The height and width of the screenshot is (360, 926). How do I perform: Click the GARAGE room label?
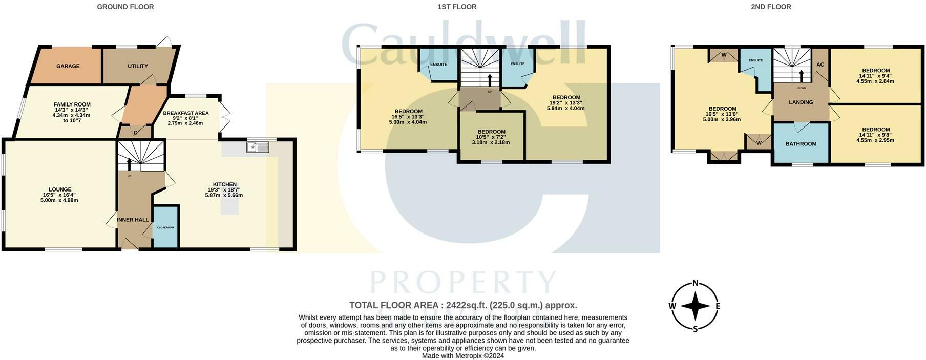68,66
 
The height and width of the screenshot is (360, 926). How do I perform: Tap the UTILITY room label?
137,66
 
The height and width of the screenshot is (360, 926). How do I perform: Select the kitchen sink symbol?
258,147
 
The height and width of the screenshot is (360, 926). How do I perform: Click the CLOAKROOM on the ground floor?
165,227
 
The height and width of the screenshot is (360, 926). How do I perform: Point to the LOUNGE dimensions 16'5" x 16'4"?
60,195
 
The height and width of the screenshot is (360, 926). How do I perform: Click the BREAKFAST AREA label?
185,113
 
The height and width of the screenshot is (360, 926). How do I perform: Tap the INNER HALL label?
133,220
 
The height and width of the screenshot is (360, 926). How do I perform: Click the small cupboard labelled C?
135,133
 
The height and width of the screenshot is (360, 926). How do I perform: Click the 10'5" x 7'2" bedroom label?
491,132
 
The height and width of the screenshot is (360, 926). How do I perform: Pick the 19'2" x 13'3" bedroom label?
566,97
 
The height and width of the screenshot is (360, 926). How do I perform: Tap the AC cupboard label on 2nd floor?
820,65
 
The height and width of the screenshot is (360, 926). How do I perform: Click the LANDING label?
801,102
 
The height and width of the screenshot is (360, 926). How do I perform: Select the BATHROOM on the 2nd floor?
801,144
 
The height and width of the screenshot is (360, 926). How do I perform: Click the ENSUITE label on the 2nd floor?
755,60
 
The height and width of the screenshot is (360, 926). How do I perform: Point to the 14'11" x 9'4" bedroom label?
875,71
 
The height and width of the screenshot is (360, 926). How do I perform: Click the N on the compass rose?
695,283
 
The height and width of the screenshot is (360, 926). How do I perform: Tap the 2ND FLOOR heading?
771,7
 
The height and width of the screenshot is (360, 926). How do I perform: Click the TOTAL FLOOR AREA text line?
462,305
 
